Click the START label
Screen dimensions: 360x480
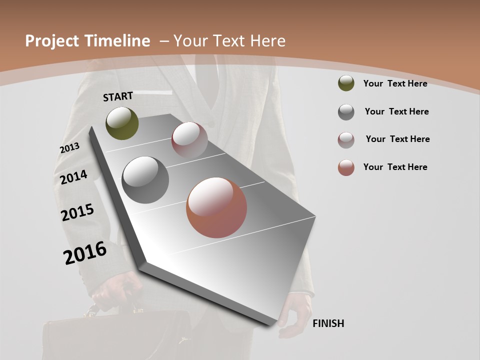coord(118,96)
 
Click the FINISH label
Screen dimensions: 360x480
coord(328,323)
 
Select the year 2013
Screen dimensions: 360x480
coord(69,148)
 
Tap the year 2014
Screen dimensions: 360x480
coord(73,177)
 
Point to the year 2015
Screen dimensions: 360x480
coord(77,212)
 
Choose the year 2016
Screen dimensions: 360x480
coord(85,253)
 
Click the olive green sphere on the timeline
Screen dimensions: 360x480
coord(122,123)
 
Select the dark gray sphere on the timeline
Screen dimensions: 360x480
coord(145,180)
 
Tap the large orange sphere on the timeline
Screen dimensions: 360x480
coord(216,207)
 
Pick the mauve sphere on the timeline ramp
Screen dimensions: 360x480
coord(189,139)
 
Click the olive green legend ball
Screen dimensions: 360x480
coord(346,83)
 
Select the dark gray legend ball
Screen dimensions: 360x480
coord(346,112)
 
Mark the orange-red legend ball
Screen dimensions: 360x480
coord(346,167)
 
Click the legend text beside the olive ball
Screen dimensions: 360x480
coord(395,83)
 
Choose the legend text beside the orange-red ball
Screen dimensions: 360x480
coord(395,167)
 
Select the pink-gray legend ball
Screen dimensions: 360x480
coord(346,140)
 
